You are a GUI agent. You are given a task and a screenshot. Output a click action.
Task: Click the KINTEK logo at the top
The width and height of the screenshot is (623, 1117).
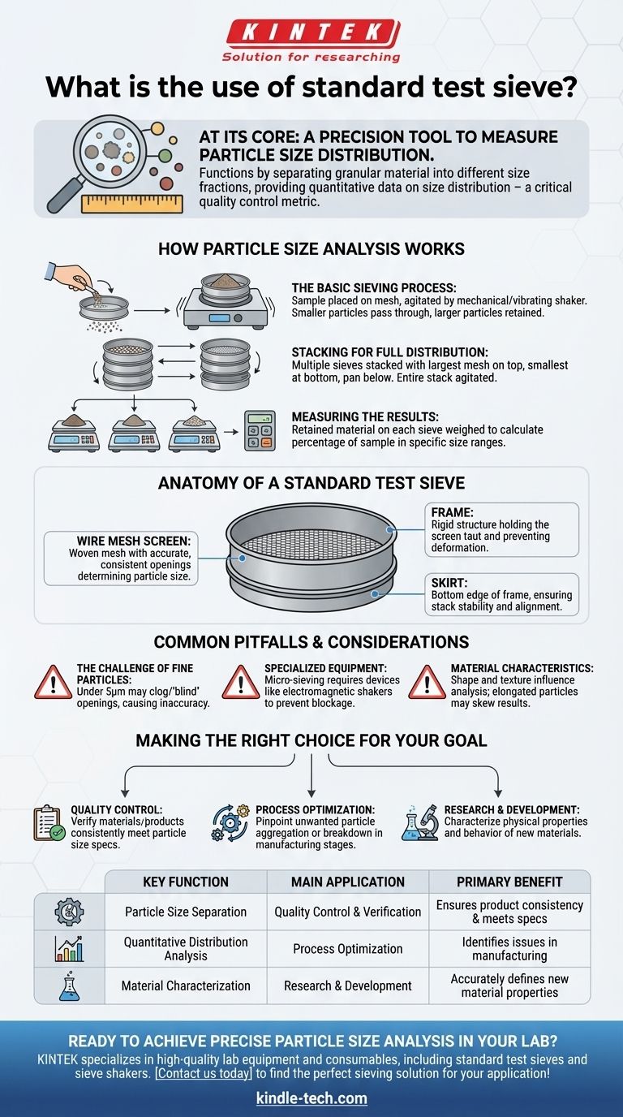311,41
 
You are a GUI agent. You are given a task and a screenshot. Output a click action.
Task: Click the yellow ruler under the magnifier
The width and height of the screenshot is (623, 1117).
132,204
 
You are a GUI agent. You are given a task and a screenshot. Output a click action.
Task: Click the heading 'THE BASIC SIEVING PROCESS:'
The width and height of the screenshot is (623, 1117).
374,287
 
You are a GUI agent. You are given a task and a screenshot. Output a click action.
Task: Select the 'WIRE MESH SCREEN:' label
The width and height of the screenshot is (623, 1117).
134,541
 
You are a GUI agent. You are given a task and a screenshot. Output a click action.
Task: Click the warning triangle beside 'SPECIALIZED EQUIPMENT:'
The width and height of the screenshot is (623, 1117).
241,682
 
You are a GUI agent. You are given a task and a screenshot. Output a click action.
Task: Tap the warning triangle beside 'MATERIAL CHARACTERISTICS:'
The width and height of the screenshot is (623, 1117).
427,682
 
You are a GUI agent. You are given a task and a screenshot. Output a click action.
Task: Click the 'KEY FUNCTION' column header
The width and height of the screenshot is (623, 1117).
186,882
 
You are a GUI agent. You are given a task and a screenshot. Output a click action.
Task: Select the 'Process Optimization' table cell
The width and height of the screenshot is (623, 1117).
348,948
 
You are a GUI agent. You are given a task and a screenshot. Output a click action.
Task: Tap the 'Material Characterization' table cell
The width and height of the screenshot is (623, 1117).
186,985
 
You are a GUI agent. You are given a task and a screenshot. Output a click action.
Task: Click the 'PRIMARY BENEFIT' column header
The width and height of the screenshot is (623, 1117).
509,882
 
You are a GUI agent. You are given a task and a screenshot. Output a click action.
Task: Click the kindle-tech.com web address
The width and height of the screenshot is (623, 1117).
311,1098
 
